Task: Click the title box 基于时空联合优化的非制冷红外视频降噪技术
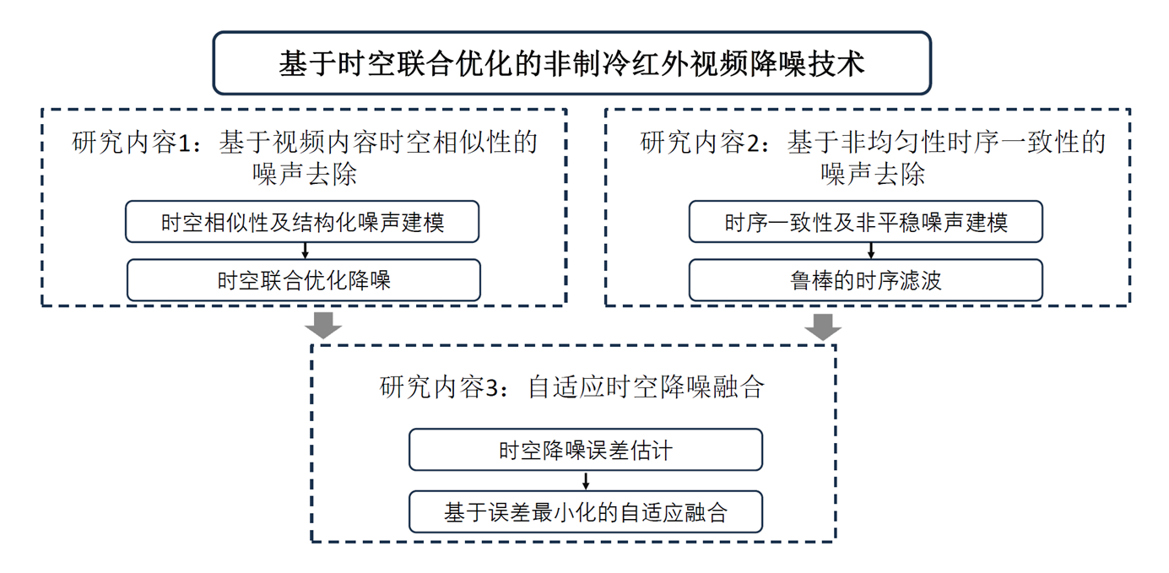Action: click(572, 63)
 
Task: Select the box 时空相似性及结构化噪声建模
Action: click(302, 222)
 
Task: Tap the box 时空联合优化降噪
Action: click(304, 280)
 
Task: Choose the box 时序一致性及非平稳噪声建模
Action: click(866, 222)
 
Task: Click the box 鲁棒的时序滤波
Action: click(866, 280)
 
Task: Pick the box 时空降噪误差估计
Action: click(586, 450)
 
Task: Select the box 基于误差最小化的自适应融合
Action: click(586, 512)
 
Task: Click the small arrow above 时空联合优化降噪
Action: click(306, 251)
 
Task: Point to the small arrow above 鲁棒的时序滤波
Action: click(870, 251)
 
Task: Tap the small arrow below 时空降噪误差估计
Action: click(586, 481)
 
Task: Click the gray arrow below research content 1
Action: click(323, 326)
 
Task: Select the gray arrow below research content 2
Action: click(823, 327)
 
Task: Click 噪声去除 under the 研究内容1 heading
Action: click(305, 175)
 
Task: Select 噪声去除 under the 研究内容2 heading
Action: click(873, 175)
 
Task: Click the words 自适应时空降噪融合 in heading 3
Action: click(646, 387)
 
